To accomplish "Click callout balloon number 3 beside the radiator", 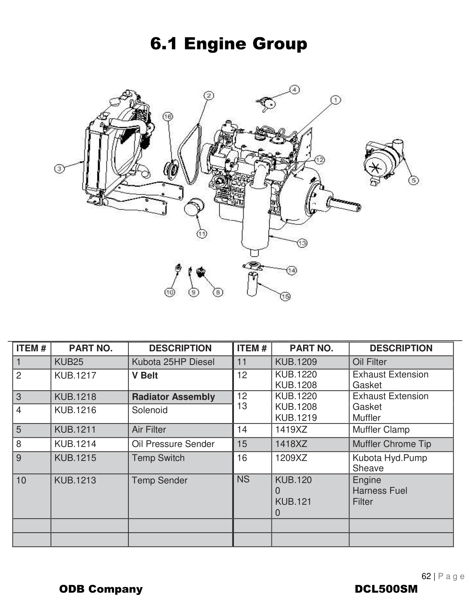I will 59,168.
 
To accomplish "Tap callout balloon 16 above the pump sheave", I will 167,117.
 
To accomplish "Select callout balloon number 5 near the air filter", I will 414,180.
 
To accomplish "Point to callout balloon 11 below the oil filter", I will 202,234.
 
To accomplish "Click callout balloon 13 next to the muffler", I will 302,243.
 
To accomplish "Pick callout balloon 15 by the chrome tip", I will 285,296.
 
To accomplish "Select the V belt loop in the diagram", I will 191,155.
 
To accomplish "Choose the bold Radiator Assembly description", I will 173,397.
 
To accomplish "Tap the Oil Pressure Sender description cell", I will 173,444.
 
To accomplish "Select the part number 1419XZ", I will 291,430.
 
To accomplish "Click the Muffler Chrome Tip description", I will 391,444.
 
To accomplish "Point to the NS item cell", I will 243,479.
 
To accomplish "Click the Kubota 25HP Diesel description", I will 173,362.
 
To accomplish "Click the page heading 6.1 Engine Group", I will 228,44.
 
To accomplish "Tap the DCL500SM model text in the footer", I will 386,589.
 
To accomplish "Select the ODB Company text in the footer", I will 101,589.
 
